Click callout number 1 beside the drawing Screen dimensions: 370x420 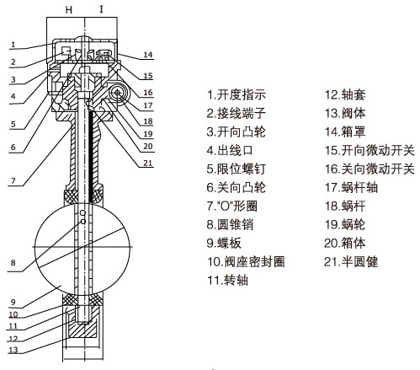[14, 44]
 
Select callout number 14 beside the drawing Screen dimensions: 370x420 [147, 56]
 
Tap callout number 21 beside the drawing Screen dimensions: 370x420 [147, 163]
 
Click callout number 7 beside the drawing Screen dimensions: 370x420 [14, 180]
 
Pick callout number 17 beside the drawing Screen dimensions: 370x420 [147, 105]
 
